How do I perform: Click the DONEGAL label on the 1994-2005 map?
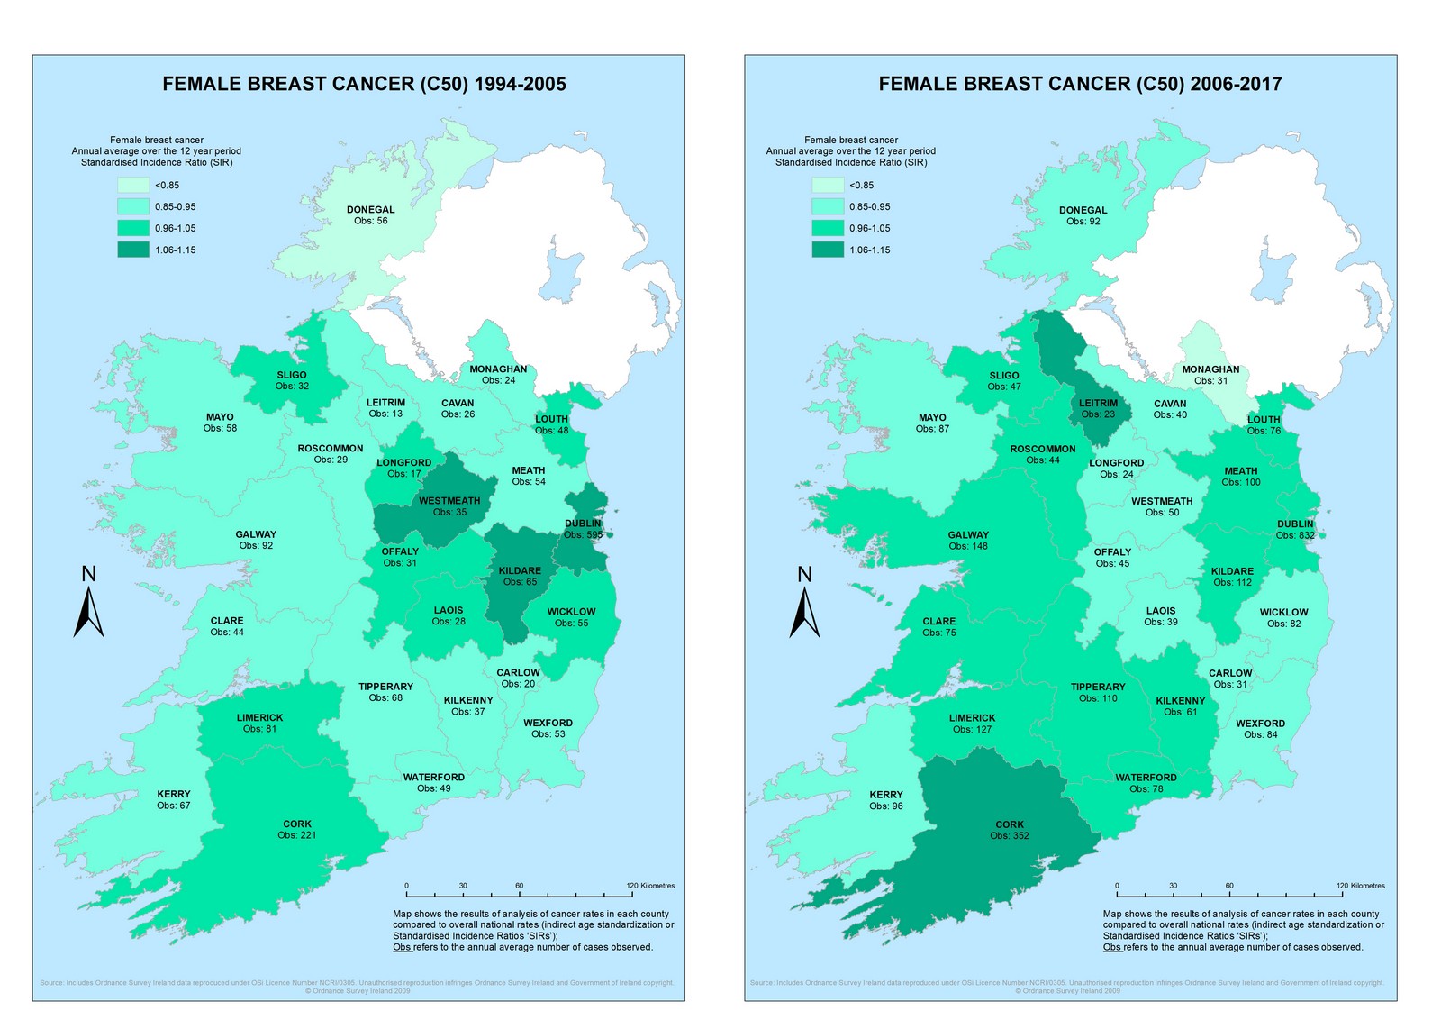370,210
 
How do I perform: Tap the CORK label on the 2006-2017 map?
1010,824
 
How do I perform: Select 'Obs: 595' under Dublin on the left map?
583,535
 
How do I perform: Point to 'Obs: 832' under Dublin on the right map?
1295,535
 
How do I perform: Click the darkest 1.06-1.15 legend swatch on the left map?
133,250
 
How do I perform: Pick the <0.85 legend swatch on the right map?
828,185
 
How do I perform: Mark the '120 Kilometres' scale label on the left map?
650,886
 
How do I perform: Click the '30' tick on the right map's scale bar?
1173,886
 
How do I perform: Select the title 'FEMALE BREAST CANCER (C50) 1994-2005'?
364,84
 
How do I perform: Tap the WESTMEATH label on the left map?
449,501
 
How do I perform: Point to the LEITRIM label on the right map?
1098,404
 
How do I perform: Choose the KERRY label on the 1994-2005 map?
174,794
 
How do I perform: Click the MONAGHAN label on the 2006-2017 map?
1210,369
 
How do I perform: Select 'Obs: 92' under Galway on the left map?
256,545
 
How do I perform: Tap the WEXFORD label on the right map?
1260,724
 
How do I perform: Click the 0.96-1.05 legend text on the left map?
175,229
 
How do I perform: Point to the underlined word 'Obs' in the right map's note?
1111,947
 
